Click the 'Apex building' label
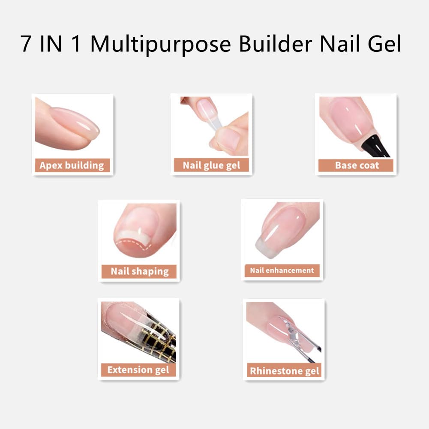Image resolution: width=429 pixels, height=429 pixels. click(x=72, y=165)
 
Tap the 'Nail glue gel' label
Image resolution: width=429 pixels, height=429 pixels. click(x=211, y=165)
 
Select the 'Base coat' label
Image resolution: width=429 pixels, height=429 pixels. click(x=357, y=165)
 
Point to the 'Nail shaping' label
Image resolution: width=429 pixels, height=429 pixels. click(x=140, y=271)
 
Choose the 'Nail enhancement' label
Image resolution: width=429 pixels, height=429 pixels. click(x=282, y=270)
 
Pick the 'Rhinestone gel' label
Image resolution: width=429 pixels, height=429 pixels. click(x=285, y=370)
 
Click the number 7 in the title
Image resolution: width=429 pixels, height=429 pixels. click(x=27, y=45)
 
